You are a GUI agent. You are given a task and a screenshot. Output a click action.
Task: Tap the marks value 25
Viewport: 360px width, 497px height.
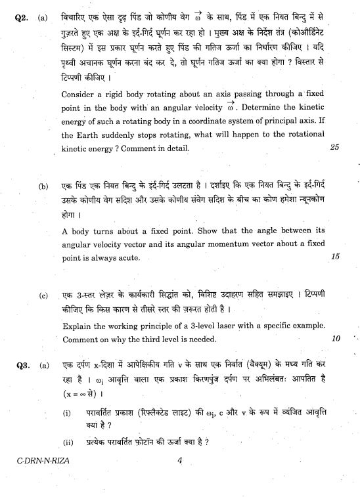pyautogui.click(x=334, y=147)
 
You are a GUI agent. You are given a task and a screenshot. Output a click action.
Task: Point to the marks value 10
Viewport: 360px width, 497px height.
pyautogui.click(x=336, y=339)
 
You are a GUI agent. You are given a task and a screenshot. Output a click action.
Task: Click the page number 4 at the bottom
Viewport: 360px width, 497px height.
pyautogui.click(x=179, y=460)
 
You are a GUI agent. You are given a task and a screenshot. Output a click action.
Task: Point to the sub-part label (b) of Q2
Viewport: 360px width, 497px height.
pyautogui.click(x=43, y=186)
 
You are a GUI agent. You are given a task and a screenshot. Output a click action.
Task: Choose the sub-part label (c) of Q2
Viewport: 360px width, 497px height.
pyautogui.click(x=43, y=295)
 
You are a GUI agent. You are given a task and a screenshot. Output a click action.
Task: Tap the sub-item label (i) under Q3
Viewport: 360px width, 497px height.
pyautogui.click(x=67, y=413)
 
